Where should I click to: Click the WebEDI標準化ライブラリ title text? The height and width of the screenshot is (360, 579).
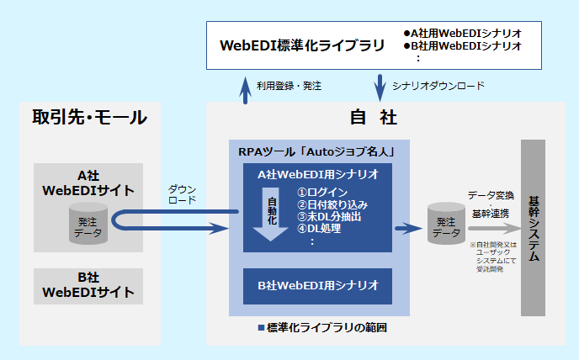pos(301,45)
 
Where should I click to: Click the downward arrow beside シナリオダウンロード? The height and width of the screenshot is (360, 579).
pos(378,86)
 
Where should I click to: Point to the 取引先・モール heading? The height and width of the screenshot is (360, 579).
pos(89,118)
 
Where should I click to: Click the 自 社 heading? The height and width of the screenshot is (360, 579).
pos(373,118)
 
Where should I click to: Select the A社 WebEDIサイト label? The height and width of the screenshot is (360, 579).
pos(88,183)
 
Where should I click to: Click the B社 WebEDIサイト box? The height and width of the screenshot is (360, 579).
pos(88,285)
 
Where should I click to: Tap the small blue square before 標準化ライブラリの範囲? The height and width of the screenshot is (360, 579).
pos(262,326)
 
